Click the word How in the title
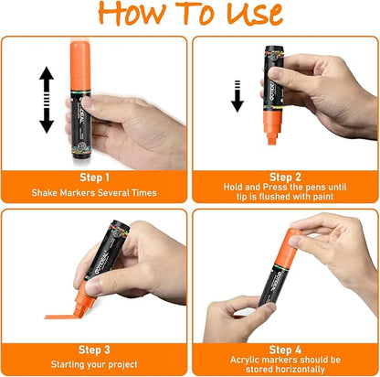pos(132,14)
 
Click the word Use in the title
pos(255,14)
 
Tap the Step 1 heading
pos(94,178)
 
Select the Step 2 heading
pos(285,177)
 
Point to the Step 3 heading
pos(94,350)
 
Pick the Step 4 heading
pos(285,350)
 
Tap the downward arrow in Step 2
pos(237,96)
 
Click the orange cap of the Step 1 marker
pos(80,66)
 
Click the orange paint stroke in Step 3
pos(59,318)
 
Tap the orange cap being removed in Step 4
pos(288,248)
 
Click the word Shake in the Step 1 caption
pos(45,193)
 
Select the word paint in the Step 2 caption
pos(323,197)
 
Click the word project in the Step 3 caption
pos(122,365)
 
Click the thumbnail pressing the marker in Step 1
pos(87,102)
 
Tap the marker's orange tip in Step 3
pos(81,300)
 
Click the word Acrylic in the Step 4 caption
pos(244,360)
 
